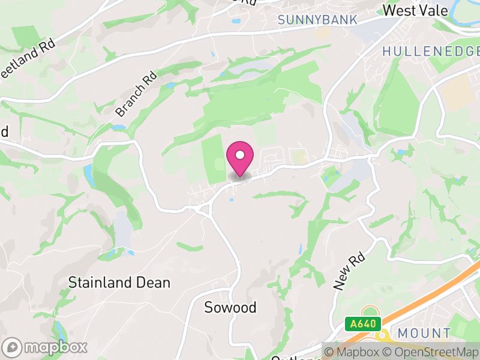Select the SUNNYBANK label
tap(317, 20)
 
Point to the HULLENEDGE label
tap(431, 52)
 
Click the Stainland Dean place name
tap(119, 282)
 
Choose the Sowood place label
tap(230, 308)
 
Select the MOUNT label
tap(424, 334)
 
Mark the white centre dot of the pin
tap(240, 155)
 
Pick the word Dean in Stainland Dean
tap(153, 282)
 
